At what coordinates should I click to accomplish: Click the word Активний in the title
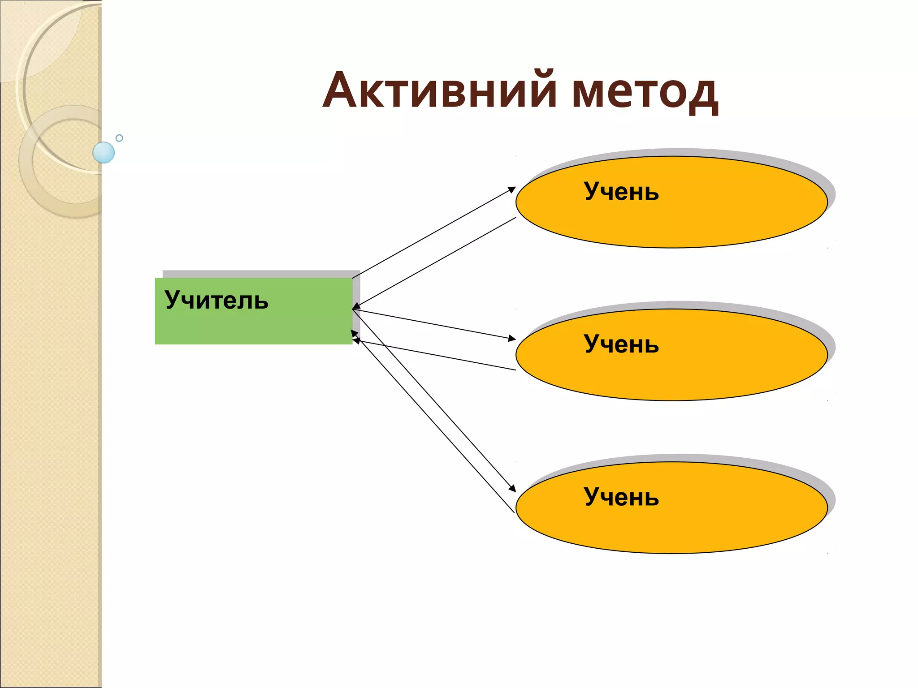(439, 90)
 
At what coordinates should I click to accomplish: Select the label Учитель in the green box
(217, 300)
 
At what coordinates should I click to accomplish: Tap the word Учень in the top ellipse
(621, 192)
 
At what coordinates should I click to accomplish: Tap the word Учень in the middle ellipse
(621, 344)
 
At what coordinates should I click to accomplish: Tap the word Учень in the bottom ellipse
(621, 497)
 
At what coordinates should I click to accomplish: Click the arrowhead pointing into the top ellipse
(512, 189)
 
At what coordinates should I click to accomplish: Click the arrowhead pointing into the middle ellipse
(512, 339)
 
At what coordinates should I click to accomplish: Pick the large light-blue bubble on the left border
(104, 152)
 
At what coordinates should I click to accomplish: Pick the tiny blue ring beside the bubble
(119, 138)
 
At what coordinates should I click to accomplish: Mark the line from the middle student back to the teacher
(435, 355)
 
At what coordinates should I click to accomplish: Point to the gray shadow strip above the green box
(260, 274)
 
